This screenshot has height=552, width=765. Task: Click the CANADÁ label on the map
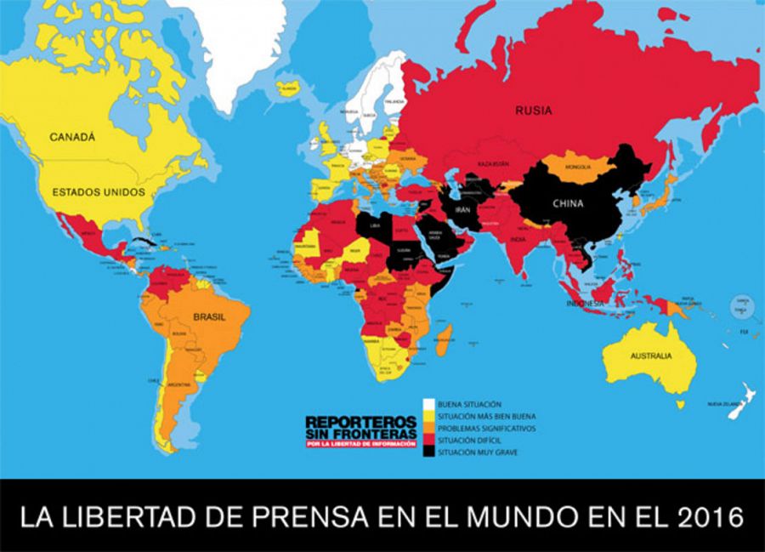[71, 136]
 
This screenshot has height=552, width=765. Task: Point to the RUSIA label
[533, 110]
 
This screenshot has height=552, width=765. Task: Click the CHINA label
[568, 203]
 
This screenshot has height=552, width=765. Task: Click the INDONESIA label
[586, 304]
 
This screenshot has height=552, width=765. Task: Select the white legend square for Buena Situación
[430, 403]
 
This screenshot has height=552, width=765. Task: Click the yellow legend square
[430, 416]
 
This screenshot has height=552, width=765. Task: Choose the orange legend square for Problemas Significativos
[430, 428]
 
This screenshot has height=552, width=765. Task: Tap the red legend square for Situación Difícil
[430, 440]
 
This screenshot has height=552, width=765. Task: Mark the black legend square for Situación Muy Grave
[430, 452]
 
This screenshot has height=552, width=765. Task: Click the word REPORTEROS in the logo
[361, 421]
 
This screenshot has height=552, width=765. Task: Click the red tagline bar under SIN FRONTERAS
[361, 444]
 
